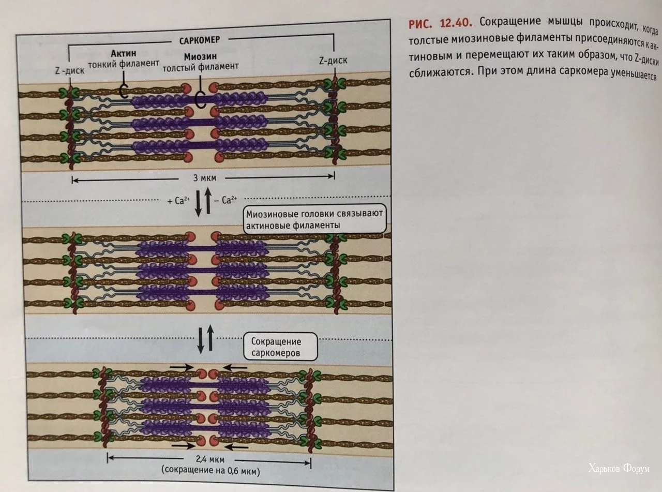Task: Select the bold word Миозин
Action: point(200,56)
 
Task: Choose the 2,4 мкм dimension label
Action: point(209,459)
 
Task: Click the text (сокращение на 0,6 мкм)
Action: point(209,471)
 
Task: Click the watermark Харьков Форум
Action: point(619,469)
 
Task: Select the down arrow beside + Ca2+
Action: point(199,204)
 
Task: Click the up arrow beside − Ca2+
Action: point(208,202)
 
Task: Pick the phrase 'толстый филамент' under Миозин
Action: point(201,67)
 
